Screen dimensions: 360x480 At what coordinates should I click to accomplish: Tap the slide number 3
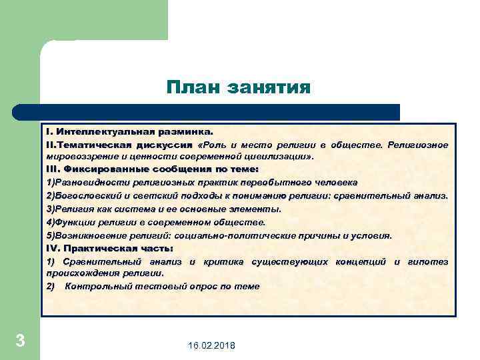point(20,341)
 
